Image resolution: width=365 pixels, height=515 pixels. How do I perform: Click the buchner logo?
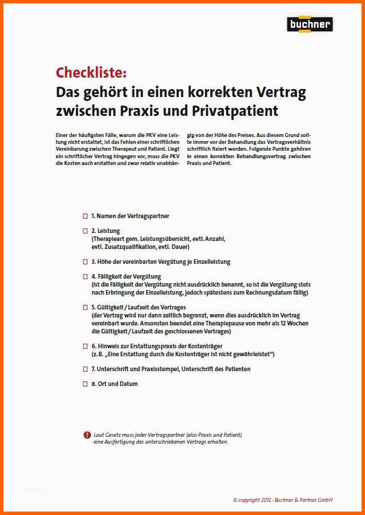coord(309,25)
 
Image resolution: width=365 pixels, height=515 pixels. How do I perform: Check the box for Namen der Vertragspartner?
coord(85,216)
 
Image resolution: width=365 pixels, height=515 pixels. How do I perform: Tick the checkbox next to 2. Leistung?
coord(85,231)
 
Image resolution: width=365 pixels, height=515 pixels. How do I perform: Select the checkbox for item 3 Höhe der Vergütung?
coord(85,261)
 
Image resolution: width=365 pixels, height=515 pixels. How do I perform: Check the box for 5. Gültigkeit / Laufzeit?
coord(85,307)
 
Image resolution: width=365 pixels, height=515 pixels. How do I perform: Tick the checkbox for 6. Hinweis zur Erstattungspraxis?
coord(85,346)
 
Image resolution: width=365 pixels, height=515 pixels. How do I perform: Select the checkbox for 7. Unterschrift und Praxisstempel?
coord(85,369)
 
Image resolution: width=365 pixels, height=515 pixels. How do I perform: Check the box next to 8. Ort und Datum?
coord(85,384)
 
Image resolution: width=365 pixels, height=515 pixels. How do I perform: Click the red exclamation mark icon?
coord(87,434)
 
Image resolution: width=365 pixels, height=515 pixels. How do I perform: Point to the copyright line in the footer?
coord(282,500)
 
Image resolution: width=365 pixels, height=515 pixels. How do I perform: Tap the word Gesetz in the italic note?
coord(118,434)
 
